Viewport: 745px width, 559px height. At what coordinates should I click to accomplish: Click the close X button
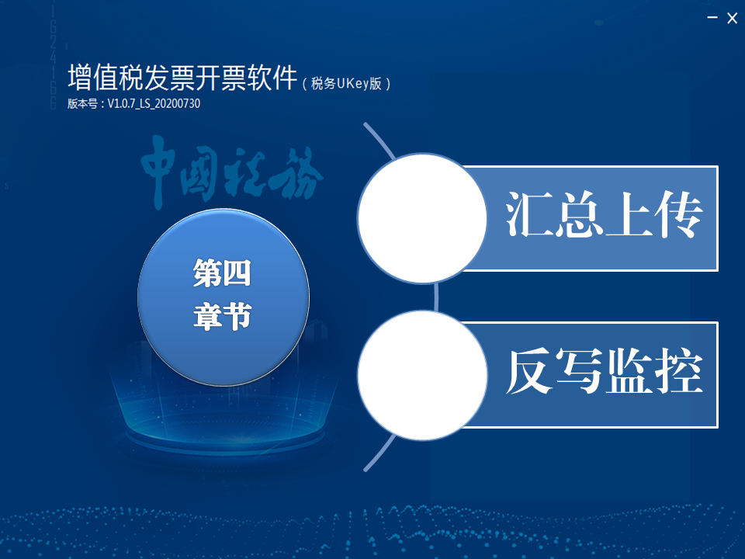pos(732,18)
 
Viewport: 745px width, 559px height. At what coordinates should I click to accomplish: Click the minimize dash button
pos(712,18)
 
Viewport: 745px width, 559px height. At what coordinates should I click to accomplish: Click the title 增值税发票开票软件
pos(182,77)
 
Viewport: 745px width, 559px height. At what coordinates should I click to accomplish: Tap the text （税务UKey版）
pos(346,84)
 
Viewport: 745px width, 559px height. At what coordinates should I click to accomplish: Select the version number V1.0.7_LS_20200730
pos(154,103)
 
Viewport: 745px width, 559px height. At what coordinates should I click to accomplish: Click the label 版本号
pos(82,103)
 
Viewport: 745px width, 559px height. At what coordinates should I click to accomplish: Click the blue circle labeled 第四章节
pos(223,297)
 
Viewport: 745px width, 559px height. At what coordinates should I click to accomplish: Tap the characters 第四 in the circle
pos(222,273)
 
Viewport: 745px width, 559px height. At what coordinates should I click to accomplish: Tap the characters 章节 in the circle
pos(222,316)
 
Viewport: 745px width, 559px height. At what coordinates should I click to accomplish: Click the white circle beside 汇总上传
pos(422,218)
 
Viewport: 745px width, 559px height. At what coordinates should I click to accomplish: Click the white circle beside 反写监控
pos(422,376)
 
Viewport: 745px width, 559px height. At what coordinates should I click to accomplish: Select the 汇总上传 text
pos(604,214)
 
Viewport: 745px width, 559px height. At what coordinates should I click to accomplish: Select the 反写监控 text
pos(604,371)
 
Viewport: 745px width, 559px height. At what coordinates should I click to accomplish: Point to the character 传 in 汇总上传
pos(678,214)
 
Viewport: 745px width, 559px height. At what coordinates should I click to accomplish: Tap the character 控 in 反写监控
pos(679,371)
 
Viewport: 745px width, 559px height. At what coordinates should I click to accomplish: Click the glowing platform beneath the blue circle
pos(224,428)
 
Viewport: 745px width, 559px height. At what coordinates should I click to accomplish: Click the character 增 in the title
pos(79,77)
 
